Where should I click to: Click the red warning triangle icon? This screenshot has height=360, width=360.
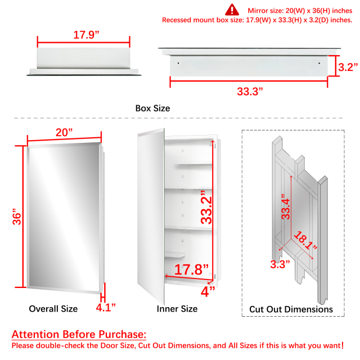[232, 10]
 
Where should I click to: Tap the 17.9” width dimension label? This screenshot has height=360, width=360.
[86, 35]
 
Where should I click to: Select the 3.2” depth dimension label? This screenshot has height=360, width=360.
[348, 67]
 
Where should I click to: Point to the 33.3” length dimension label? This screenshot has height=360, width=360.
[250, 91]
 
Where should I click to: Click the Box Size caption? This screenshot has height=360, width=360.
[152, 109]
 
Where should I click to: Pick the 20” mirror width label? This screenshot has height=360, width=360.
[64, 133]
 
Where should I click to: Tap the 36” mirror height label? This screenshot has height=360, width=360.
[17, 217]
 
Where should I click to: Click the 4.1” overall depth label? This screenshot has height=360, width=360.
[106, 308]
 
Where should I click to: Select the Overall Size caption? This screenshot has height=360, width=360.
[53, 309]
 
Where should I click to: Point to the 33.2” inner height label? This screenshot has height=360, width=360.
[206, 207]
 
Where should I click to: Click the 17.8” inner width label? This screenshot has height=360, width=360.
[191, 269]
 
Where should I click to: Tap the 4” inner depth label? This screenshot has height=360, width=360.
[208, 291]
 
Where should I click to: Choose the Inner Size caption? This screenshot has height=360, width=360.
[177, 309]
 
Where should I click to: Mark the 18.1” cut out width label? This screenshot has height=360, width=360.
[305, 241]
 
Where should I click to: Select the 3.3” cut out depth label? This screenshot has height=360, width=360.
[280, 264]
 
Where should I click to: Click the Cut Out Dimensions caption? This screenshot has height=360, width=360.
[291, 309]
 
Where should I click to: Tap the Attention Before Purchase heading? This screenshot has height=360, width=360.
[79, 334]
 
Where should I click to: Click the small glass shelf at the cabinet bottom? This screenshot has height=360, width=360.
[175, 255]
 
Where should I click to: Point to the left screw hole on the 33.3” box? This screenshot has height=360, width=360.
[178, 63]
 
